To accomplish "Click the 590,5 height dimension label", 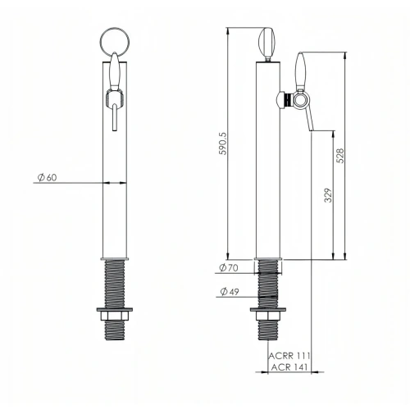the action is tap(223, 143).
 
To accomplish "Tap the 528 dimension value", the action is tap(340, 156).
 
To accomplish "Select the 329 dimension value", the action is tap(328, 195).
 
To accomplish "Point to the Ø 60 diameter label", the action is tap(47, 177).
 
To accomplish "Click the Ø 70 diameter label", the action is tap(229, 267).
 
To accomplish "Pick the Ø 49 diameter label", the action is tap(230, 292).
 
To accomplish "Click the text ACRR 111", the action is tap(289, 356).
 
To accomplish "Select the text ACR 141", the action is tap(289, 367).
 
